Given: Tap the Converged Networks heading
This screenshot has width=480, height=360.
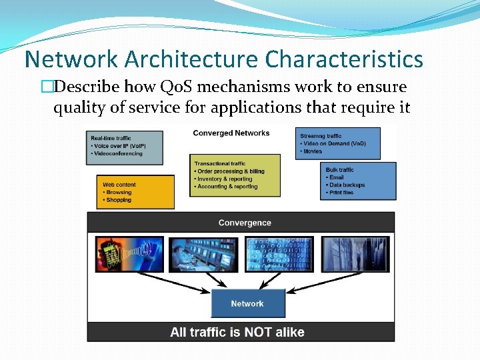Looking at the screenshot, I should pos(231,133).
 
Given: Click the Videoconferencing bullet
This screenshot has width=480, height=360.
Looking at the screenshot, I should pos(117,154).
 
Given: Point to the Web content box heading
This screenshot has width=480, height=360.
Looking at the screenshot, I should pos(119,185).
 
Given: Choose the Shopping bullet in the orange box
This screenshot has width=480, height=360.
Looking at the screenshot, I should pos(119,200).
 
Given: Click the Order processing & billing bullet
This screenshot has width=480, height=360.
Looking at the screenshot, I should pos(231,171).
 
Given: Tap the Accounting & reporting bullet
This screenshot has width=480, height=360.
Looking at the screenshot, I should pos(227,187).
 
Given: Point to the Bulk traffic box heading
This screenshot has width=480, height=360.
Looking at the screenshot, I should pos(340,170).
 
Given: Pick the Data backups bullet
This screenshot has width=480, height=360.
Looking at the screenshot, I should pos(347,185).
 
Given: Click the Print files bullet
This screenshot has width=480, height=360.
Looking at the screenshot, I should pos(342,193).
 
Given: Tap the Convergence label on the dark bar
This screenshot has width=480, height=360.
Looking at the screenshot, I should pos(245,223).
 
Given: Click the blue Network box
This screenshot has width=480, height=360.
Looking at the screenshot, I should pos(247,303).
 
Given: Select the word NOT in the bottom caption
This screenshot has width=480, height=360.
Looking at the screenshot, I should pos(259,332).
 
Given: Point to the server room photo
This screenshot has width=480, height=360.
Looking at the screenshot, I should pos(353,254).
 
